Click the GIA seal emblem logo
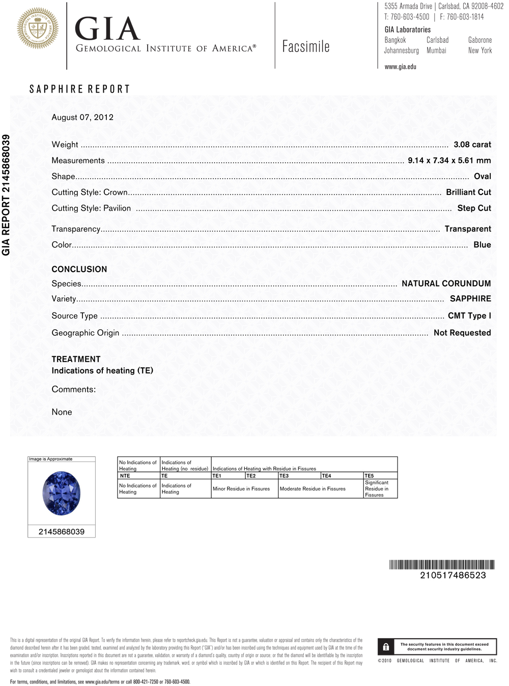[x=38, y=28]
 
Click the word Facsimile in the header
[x=306, y=47]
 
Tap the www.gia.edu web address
[x=400, y=67]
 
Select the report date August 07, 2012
[x=82, y=117]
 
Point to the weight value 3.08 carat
[x=472, y=145]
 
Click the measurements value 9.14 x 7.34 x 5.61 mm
[x=449, y=160]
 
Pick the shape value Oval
[x=482, y=176]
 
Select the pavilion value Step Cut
[x=474, y=208]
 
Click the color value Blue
[x=482, y=245]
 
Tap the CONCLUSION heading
[x=79, y=269]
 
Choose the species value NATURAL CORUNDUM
[x=446, y=283]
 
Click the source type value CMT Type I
[x=469, y=316]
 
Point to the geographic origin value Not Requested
[x=462, y=332]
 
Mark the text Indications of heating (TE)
[x=102, y=370]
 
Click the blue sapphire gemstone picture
[x=62, y=493]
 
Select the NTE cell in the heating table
[x=125, y=476]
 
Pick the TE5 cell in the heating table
[x=369, y=476]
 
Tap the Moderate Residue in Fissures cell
[x=313, y=489]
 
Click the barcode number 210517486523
[x=453, y=575]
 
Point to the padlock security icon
[x=386, y=647]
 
